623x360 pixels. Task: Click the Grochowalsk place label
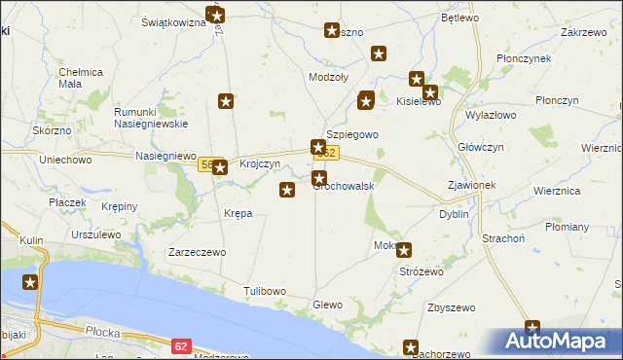pos(345,186)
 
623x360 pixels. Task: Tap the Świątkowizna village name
pos(172,21)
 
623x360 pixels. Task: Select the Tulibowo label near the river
pos(265,291)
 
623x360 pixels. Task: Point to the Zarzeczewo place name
pos(198,252)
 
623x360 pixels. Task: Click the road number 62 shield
pos(181,345)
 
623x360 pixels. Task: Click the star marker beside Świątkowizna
pos(216,15)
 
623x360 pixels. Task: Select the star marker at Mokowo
pos(404,249)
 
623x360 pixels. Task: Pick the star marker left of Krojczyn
pos(220,166)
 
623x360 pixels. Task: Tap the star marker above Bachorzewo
pos(411,346)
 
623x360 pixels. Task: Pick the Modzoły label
pos(328,78)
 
